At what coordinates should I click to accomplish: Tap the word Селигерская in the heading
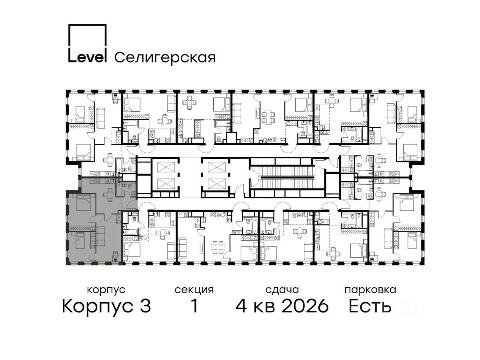tap(165, 58)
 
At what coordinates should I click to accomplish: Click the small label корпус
tap(106, 290)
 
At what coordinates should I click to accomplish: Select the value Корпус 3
tap(106, 306)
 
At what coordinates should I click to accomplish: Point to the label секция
tap(194, 290)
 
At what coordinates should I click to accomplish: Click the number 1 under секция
tap(194, 306)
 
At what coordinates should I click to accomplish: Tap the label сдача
tap(282, 290)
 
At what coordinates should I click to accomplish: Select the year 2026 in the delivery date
tap(305, 306)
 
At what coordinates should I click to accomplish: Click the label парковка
tap(370, 290)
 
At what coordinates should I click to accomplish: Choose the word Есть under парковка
tap(370, 306)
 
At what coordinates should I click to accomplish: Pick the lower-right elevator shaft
tap(217, 184)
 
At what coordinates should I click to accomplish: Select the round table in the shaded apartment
tap(109, 194)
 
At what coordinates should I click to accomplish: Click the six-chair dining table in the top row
tap(268, 117)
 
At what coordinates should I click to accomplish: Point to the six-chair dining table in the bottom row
tap(217, 247)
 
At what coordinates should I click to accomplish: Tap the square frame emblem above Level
tap(88, 36)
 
